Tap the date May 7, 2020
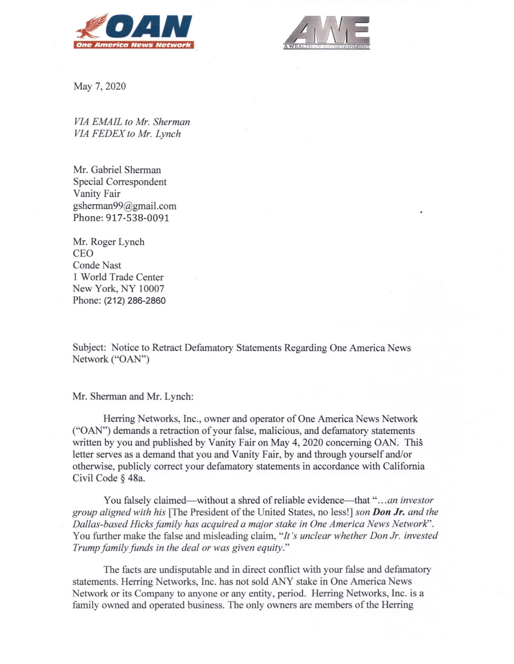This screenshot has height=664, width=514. pyautogui.click(x=99, y=86)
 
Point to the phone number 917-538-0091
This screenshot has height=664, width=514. pyautogui.click(x=137, y=218)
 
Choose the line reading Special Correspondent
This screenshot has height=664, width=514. pyautogui.click(x=120, y=182)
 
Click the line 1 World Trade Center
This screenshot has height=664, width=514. pyautogui.click(x=118, y=277)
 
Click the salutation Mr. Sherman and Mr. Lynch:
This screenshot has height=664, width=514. pyautogui.click(x=133, y=396)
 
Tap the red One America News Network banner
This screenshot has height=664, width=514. pyautogui.click(x=133, y=45)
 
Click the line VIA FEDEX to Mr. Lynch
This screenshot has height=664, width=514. pyautogui.click(x=127, y=134)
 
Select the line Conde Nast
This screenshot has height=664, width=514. pyautogui.click(x=97, y=265)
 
